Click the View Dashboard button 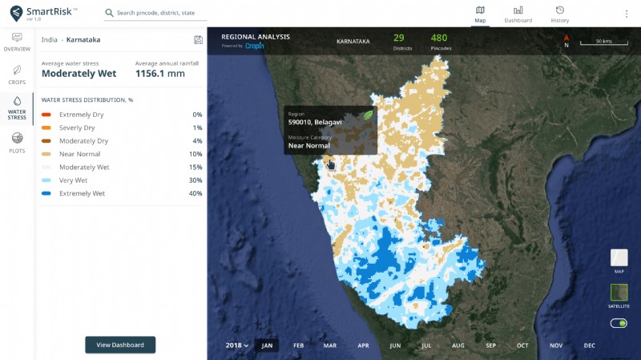[120, 345]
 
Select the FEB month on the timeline [298, 346]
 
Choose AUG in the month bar [458, 346]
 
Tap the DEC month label [589, 346]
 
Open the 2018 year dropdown [236, 346]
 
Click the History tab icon [560, 10]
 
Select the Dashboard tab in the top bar [518, 14]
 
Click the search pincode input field [160, 14]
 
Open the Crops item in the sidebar [17, 75]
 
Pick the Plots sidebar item [17, 143]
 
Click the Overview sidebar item [17, 42]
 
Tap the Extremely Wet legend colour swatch [46, 193]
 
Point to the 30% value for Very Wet [196, 180]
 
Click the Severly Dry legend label [77, 128]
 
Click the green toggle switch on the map [619, 323]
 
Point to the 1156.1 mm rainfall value [160, 74]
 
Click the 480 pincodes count [439, 38]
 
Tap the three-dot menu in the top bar [627, 14]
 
